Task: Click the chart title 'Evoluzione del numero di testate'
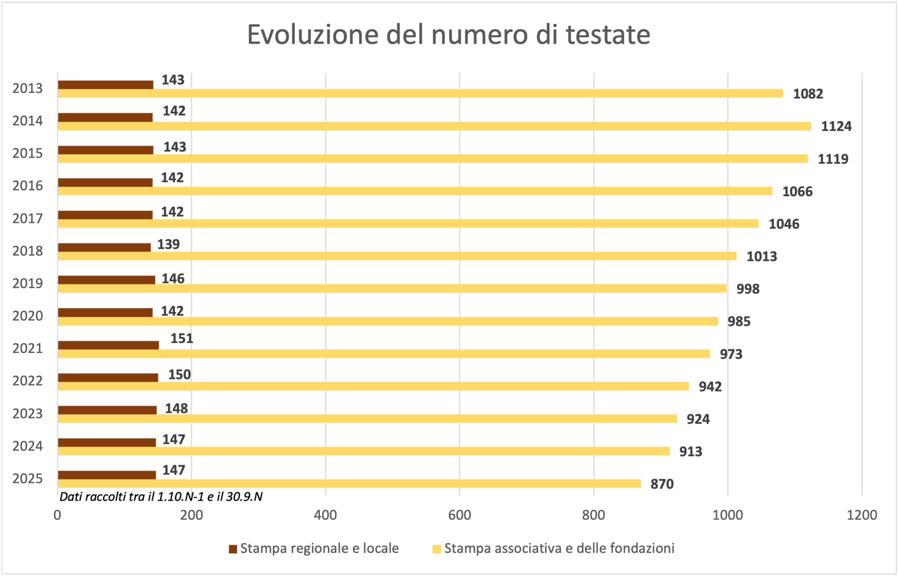point(448,35)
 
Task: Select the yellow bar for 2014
point(434,126)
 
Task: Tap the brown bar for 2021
point(108,345)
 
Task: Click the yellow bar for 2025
point(349,484)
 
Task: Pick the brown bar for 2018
point(104,248)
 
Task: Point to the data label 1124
point(836,126)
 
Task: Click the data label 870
point(662,484)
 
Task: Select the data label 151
point(182,339)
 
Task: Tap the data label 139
point(168,245)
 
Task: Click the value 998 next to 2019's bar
point(747,289)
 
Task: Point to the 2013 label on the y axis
point(28,89)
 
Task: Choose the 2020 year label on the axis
point(28,316)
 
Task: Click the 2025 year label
point(28,479)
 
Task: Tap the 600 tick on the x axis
point(460,515)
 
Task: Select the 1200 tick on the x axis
point(862,515)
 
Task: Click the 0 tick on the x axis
point(58,515)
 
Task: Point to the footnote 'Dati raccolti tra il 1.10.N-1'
point(161,497)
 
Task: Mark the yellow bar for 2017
point(408,224)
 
